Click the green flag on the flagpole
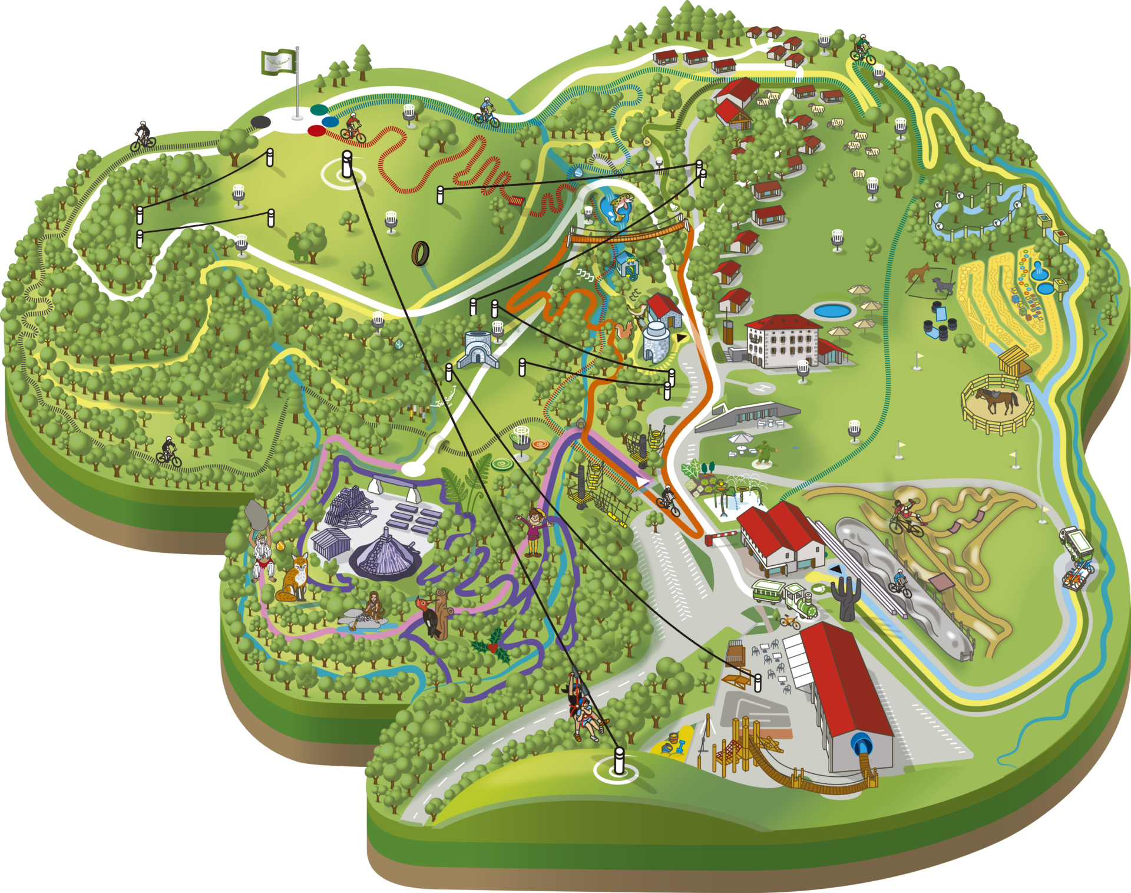click(278, 62)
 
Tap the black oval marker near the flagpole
click(261, 121)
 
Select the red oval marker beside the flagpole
click(316, 130)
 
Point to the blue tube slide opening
click(863, 745)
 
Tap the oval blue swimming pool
click(832, 310)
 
